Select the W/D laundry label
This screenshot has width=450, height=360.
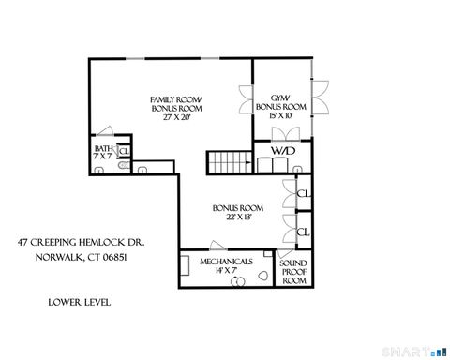281,150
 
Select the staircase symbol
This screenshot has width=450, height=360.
225,162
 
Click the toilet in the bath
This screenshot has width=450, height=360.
98,170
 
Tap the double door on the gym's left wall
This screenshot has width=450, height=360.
247,97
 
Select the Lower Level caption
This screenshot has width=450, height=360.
79,303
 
